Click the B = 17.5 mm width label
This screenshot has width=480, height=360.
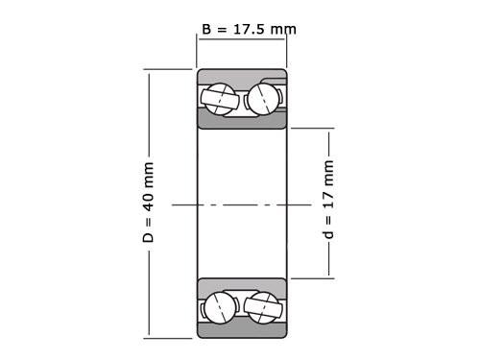coord(249,29)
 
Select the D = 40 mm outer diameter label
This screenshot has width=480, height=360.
coord(148,204)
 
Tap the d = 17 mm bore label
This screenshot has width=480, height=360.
coord(329,204)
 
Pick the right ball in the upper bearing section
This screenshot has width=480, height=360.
coord(264,97)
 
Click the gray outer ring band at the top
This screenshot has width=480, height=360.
coord(242,75)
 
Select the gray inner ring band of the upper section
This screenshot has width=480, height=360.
coord(242,120)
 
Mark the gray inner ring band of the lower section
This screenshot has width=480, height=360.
coord(242,285)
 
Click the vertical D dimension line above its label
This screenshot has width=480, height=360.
coord(148,115)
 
